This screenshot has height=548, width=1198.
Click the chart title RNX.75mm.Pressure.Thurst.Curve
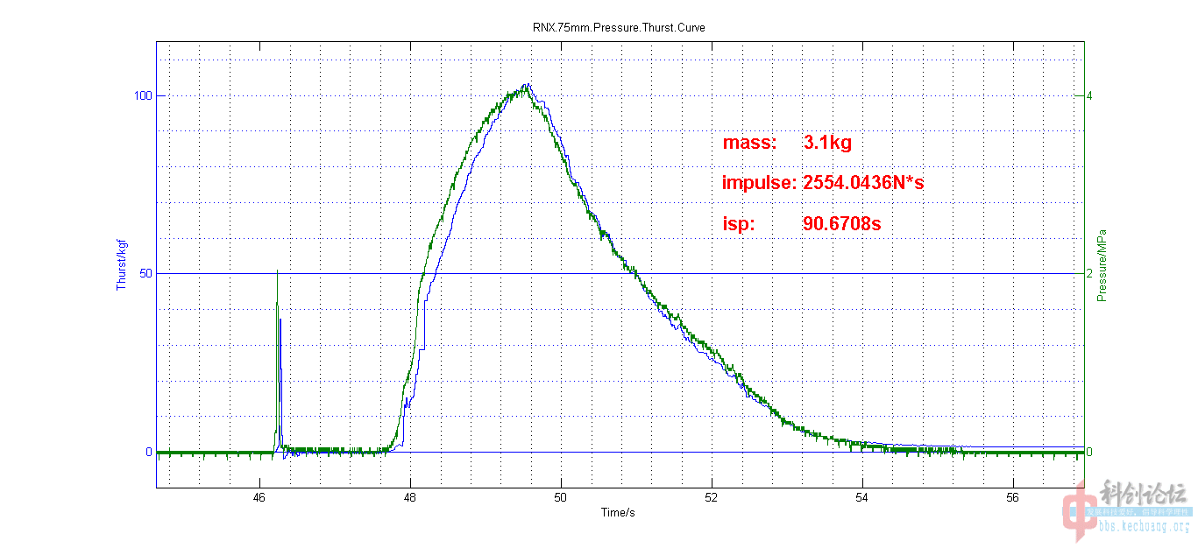point(618,27)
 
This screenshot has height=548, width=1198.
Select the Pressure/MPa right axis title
point(1101,265)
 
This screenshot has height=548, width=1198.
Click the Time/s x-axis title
point(618,512)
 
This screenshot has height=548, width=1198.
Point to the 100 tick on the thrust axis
point(142,95)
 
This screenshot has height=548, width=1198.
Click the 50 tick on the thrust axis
point(145,273)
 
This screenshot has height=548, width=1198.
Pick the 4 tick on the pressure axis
point(1088,95)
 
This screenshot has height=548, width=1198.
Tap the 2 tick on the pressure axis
point(1088,273)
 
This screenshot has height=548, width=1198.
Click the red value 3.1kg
point(827,144)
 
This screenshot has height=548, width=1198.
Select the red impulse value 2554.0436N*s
point(863,184)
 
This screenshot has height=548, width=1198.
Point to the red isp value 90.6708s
point(841,224)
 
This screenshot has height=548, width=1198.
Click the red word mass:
point(749,144)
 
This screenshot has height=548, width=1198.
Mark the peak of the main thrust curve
point(527,85)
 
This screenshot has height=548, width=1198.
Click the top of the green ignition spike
point(277,270)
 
